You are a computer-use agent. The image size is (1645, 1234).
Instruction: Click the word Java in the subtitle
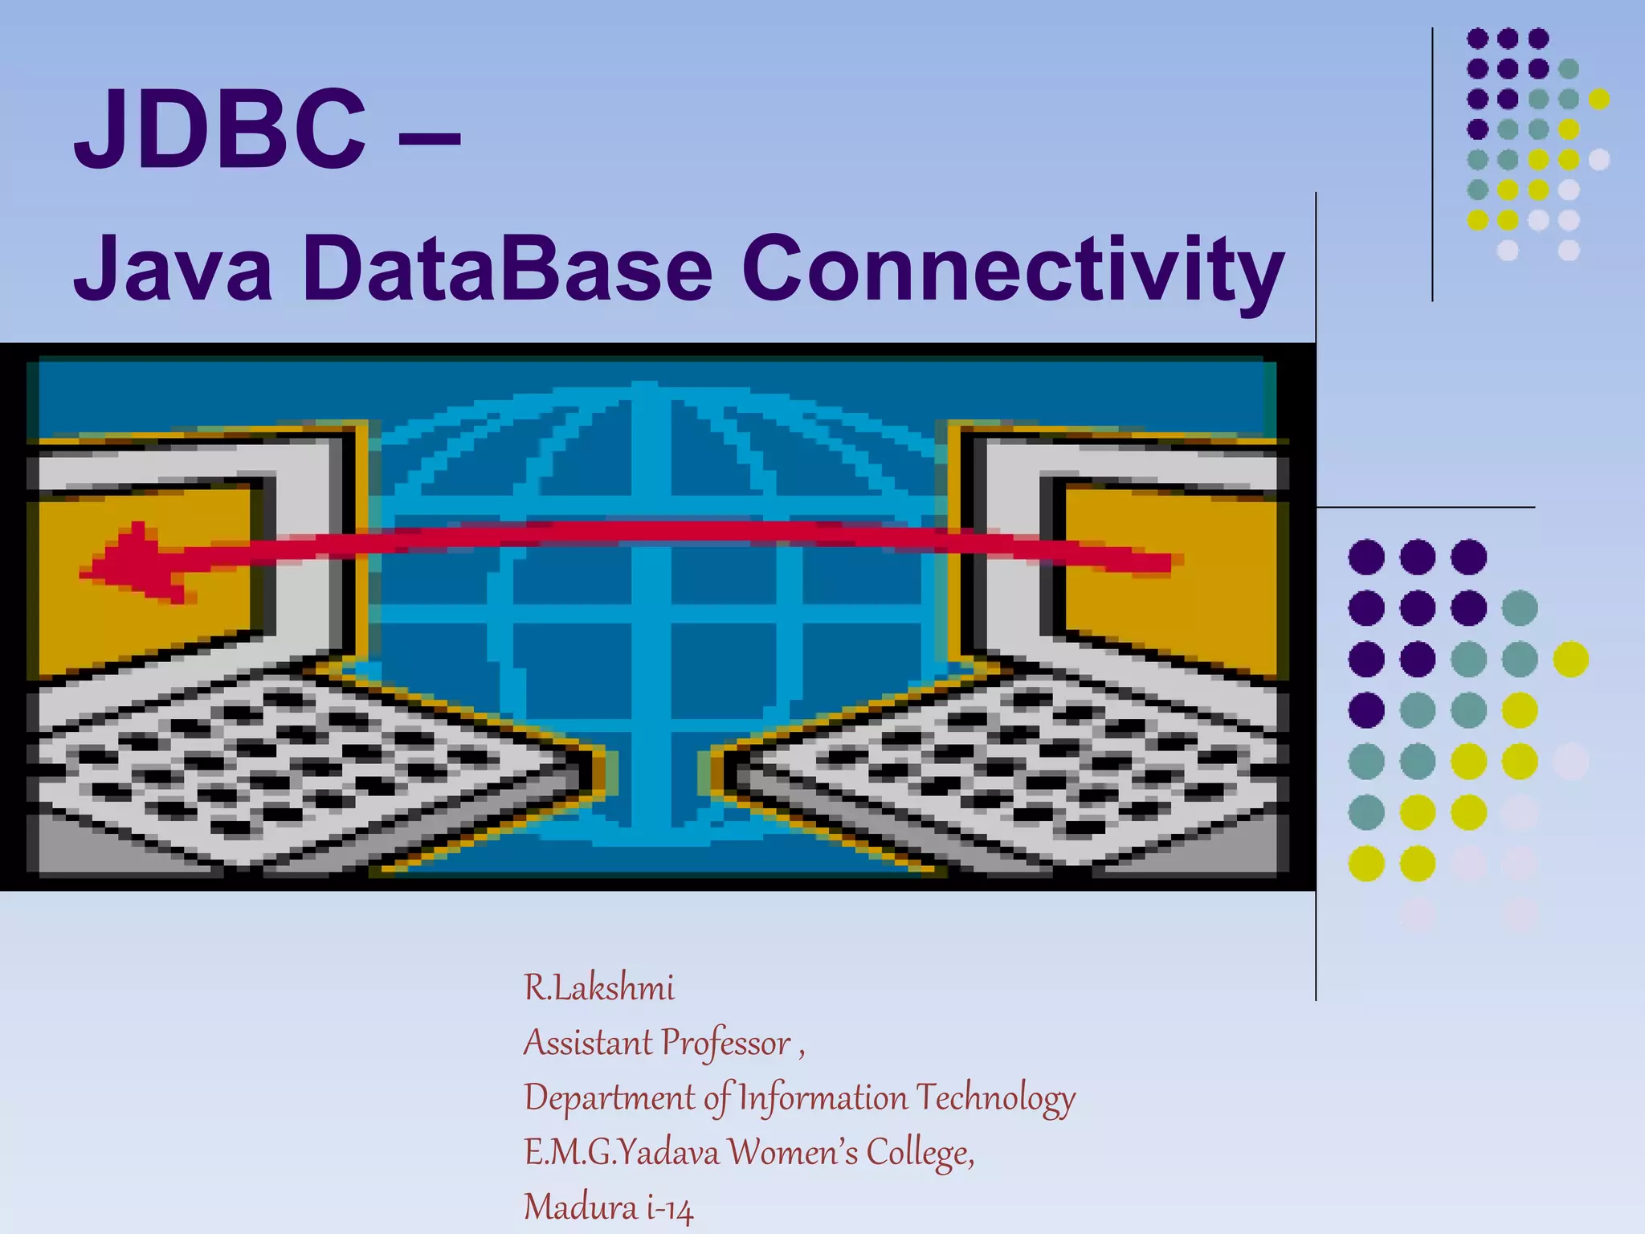click(173, 268)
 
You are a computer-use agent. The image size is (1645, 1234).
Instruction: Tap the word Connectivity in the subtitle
click(1012, 270)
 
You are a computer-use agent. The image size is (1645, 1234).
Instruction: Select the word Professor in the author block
click(726, 1044)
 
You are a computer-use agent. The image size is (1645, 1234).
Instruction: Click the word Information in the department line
click(822, 1098)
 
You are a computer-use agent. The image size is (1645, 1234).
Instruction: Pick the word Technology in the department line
click(996, 1098)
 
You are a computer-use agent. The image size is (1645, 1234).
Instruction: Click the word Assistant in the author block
click(588, 1044)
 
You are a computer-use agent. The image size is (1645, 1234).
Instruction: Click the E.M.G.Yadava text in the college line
click(622, 1153)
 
